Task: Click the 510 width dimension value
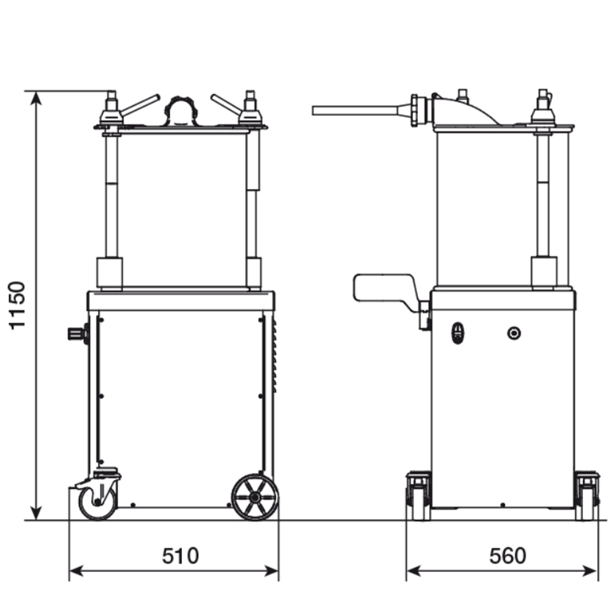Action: (180, 555)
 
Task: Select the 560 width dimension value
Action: (508, 555)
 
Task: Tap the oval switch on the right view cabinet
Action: (457, 333)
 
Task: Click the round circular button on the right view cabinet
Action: (514, 333)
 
